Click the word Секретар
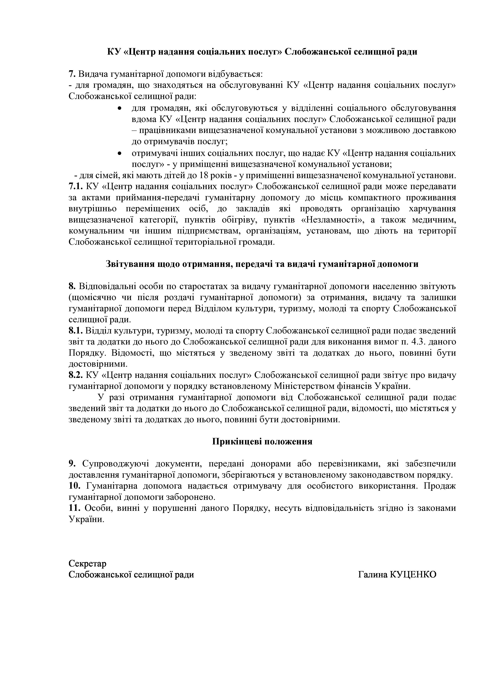(87, 564)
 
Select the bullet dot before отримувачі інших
(120, 153)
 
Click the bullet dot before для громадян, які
(120, 108)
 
